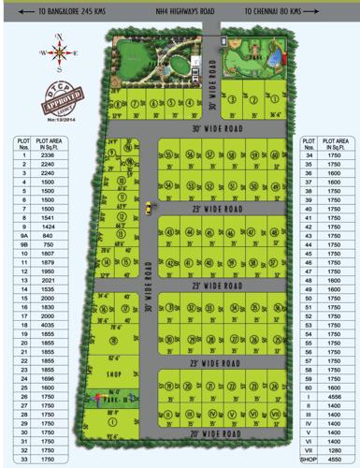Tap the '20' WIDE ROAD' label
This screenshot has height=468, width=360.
pyautogui.click(x=216, y=434)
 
